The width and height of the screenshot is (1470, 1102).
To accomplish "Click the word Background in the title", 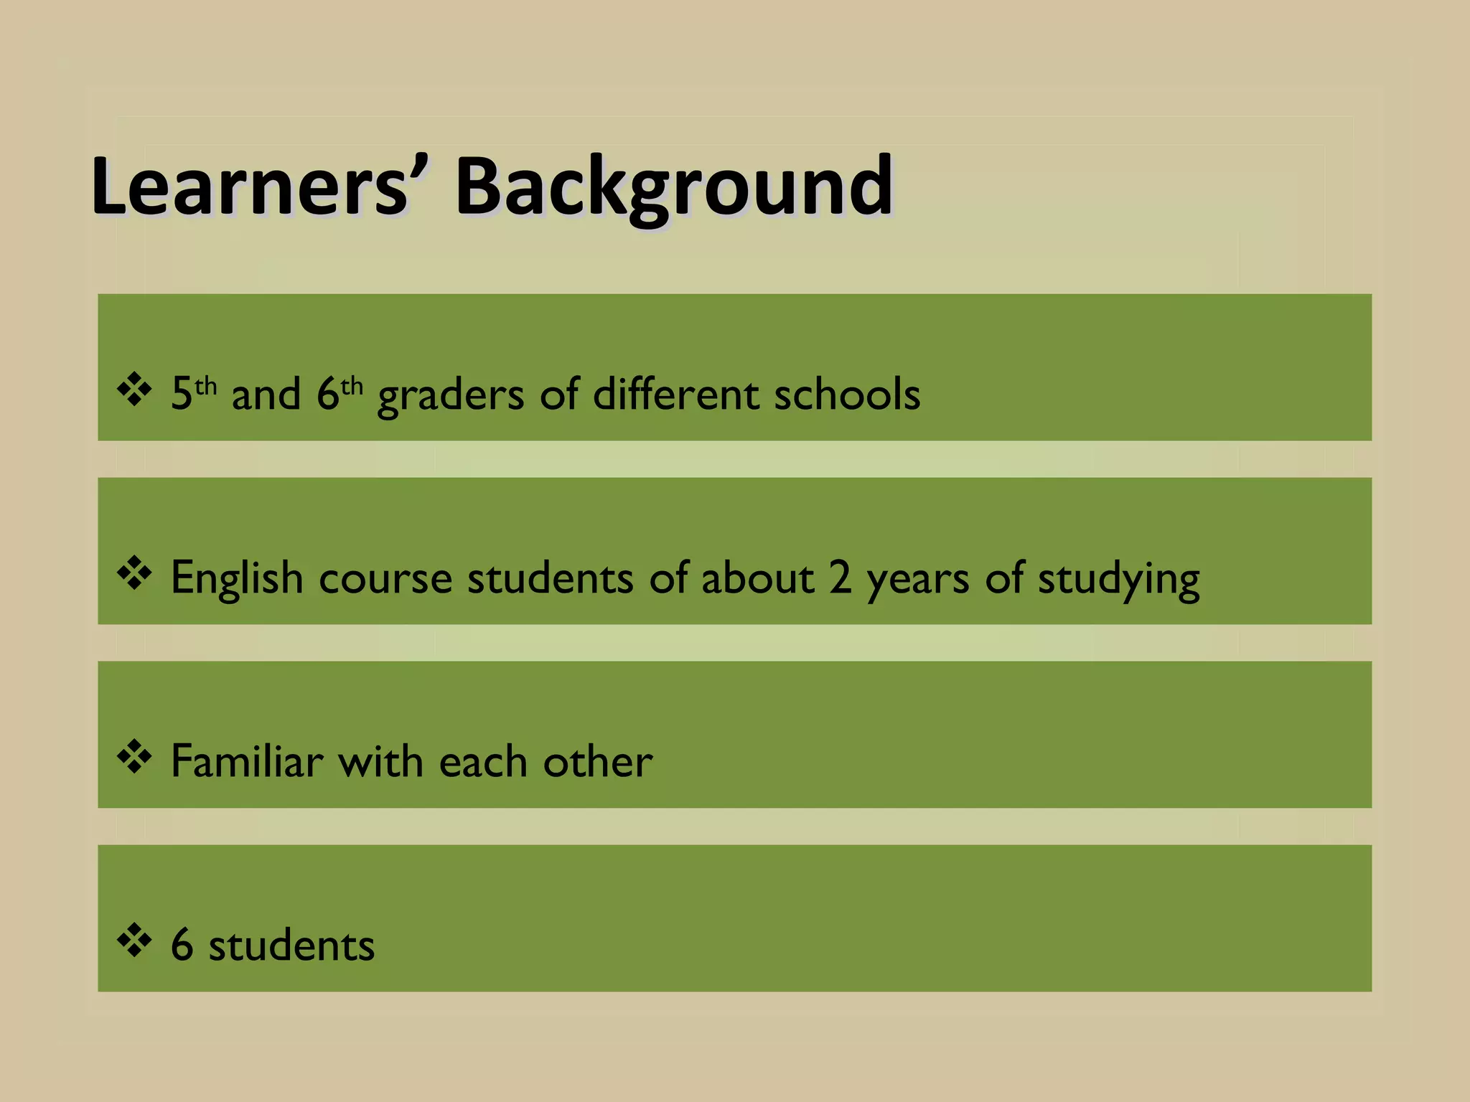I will (674, 188).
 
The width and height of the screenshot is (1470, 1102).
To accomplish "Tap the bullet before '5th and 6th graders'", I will (134, 391).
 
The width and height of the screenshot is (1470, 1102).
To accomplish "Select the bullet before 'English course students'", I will (134, 575).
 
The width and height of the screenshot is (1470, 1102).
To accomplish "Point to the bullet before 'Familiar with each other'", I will (134, 758).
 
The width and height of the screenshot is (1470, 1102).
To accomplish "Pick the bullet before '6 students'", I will (134, 942).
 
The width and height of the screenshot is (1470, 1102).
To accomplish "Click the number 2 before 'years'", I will (841, 578).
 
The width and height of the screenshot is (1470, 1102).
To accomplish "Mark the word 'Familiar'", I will (247, 762).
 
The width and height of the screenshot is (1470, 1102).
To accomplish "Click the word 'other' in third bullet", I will (598, 762).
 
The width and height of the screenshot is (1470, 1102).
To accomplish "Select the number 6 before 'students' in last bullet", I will (182, 946).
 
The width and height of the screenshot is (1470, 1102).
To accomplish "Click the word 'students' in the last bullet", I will (291, 946).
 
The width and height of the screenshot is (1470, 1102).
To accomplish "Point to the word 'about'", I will (757, 578).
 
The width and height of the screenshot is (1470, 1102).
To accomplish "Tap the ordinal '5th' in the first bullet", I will (193, 393).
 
